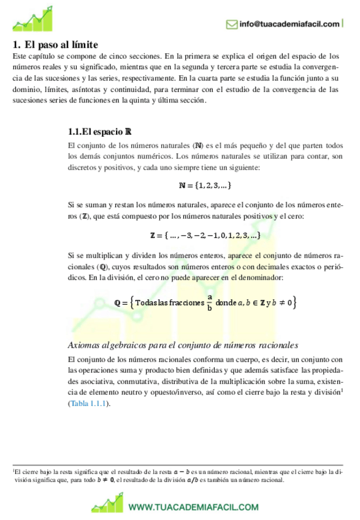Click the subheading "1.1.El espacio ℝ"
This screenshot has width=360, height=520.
[99, 132]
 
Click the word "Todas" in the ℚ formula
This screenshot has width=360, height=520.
[145, 303]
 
